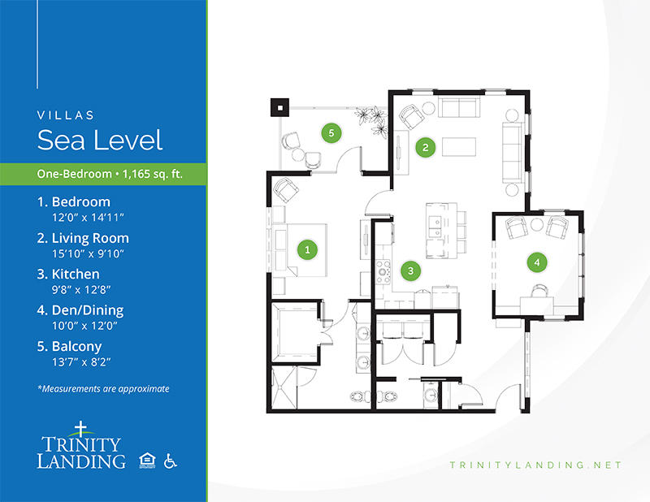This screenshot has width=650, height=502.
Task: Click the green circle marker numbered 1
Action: coord(307,249)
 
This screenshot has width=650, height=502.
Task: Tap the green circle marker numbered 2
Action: coord(425,147)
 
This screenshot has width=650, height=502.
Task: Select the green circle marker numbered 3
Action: coord(410,270)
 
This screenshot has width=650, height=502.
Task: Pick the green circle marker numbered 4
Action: coord(537,262)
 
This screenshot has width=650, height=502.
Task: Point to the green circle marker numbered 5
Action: coord(331,133)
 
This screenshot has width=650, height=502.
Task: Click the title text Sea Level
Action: coord(99,140)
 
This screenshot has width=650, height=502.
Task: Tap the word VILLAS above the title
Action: coord(66,115)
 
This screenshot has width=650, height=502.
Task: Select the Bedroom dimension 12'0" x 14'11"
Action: coord(88,217)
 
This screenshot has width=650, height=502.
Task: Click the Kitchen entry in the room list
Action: coord(68,274)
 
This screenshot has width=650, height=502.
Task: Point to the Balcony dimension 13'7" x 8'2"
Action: coord(81,362)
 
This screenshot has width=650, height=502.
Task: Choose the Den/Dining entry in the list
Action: coord(80,310)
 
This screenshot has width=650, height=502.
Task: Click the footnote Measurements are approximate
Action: coord(104,389)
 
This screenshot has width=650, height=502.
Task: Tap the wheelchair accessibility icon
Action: coord(170,461)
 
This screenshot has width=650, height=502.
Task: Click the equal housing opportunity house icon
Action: coord(147,461)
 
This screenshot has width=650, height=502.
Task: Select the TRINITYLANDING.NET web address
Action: coord(535,465)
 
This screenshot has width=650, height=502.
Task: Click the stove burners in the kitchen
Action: coord(383,271)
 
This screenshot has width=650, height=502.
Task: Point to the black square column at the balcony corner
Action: coord(279,108)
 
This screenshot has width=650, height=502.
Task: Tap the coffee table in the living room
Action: coord(459,147)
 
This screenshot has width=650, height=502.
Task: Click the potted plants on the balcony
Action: coord(372,121)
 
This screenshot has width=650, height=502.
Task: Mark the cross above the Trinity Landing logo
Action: coord(80,429)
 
